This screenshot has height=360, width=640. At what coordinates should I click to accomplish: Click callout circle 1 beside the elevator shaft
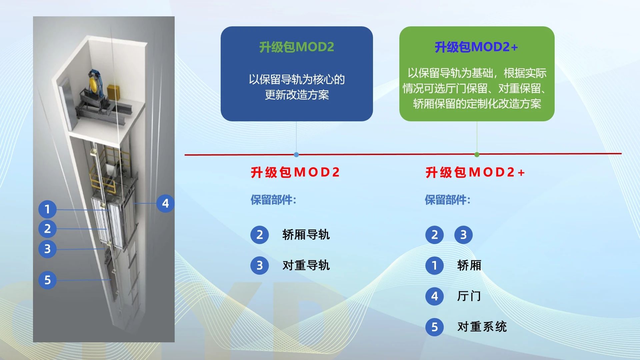click(x=47, y=209)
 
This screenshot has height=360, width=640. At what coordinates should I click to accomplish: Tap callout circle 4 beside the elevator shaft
click(x=165, y=203)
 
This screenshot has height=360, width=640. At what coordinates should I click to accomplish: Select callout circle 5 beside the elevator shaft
click(x=47, y=280)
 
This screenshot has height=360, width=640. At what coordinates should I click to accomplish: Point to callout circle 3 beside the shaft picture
click(x=47, y=249)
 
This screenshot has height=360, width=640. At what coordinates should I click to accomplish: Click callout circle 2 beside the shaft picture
click(x=47, y=229)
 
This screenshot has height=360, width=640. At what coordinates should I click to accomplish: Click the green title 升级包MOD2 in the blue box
click(x=297, y=47)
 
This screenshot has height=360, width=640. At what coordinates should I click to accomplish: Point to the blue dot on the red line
click(x=296, y=155)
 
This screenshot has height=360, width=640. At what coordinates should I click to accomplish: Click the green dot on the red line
click(x=477, y=154)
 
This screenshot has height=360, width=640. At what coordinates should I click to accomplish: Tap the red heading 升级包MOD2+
click(x=475, y=172)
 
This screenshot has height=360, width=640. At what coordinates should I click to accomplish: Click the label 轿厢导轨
click(x=306, y=235)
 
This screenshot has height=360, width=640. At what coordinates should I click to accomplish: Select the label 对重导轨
click(x=306, y=265)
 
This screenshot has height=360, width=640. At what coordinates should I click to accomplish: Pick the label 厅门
click(x=469, y=296)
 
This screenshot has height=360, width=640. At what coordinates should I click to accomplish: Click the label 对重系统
click(x=482, y=327)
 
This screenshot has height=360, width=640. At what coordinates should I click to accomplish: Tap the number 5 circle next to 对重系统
click(x=434, y=327)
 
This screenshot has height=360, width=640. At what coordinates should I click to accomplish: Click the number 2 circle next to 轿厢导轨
click(x=260, y=235)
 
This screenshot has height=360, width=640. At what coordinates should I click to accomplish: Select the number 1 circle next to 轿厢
click(x=434, y=265)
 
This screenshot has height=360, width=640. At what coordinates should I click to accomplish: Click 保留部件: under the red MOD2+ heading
click(x=447, y=200)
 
